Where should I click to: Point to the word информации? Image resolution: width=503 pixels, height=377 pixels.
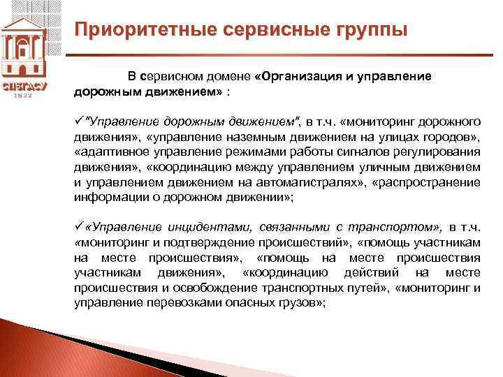click(105, 198)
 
